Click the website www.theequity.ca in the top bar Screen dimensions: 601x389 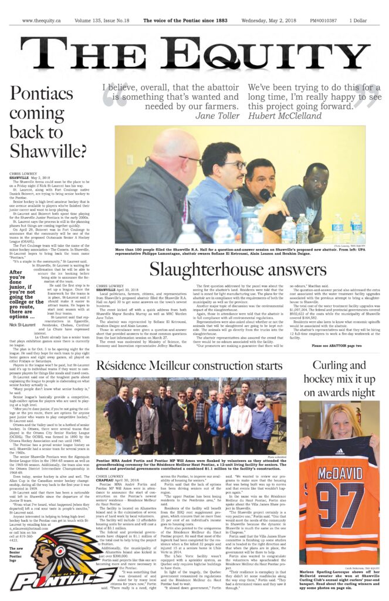[42, 20]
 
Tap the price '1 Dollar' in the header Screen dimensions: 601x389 [358, 20]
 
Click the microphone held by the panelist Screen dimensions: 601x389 [264, 194]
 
